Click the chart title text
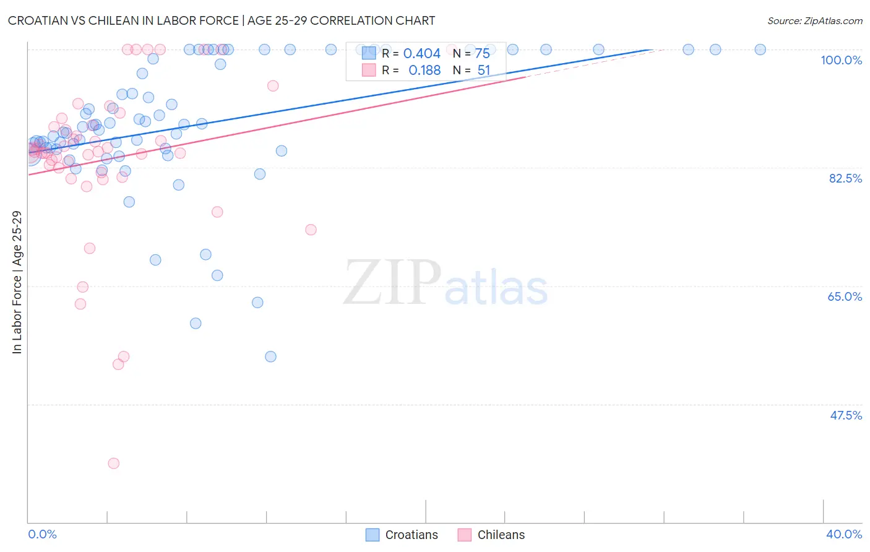click(x=222, y=20)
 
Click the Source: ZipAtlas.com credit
click(x=814, y=21)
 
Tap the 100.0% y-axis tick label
click(x=841, y=60)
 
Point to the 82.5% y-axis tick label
click(x=845, y=178)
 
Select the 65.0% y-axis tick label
click(x=845, y=296)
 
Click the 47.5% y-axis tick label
click(x=845, y=415)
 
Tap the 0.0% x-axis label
click(x=42, y=534)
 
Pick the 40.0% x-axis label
click(x=844, y=534)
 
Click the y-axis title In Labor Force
click(x=17, y=282)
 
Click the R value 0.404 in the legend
click(x=421, y=54)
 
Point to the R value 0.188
click(x=424, y=71)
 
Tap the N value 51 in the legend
click(x=483, y=71)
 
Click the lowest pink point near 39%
click(x=113, y=464)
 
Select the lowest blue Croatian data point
click(x=270, y=356)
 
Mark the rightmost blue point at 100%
click(x=760, y=50)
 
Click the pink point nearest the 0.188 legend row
click(x=273, y=86)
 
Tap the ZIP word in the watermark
click(x=392, y=283)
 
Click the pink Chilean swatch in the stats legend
click(x=369, y=70)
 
